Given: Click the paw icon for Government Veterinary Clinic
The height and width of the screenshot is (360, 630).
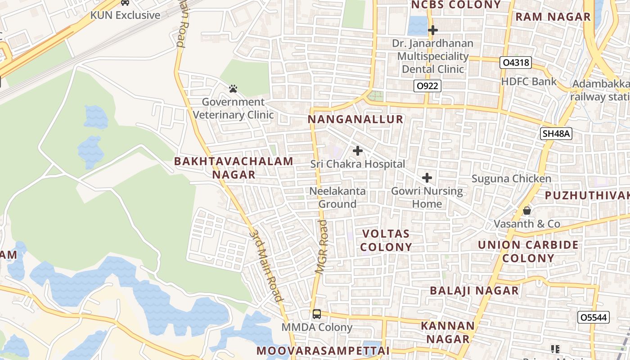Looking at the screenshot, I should (233, 89).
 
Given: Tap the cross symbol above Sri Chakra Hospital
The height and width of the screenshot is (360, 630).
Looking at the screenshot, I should (358, 150).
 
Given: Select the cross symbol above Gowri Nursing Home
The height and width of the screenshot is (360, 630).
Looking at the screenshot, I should (427, 178).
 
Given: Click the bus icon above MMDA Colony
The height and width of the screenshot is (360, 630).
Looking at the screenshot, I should (317, 314).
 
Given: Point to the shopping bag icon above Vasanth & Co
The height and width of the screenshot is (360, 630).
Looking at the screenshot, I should (527, 210).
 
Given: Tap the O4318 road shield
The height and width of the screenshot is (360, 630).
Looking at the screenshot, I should (516, 63).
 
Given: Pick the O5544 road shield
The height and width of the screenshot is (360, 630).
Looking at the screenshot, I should (594, 317).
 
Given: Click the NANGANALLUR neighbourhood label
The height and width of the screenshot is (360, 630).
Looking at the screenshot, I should (355, 119).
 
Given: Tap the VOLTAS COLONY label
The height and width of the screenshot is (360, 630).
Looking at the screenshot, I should (386, 240).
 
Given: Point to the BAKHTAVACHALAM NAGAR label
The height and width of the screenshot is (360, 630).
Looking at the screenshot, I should (234, 168).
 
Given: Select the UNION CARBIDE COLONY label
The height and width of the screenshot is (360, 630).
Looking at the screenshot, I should (528, 252).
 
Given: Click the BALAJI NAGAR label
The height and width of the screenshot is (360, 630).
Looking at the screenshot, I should (474, 291).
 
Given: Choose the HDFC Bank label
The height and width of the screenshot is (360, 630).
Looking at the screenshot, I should (529, 81).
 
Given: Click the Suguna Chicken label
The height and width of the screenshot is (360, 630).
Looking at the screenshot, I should (511, 179).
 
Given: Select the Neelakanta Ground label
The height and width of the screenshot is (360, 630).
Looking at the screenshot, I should (337, 198).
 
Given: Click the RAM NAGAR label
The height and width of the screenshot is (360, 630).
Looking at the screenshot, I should (553, 17).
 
